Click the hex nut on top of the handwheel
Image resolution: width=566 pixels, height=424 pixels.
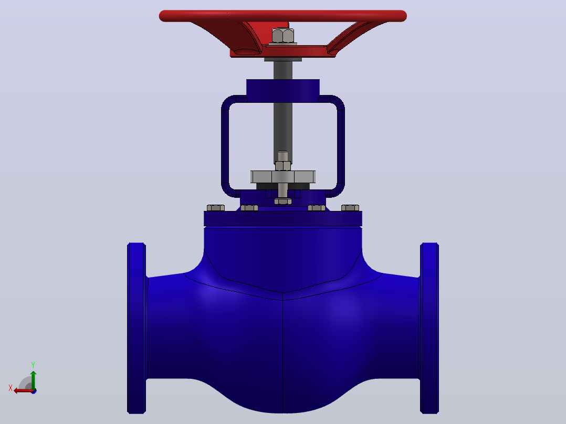pyautogui.click(x=282, y=36)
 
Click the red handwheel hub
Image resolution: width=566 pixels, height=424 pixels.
pyautogui.click(x=282, y=51)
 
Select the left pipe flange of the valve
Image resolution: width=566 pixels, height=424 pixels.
pyautogui.click(x=137, y=328)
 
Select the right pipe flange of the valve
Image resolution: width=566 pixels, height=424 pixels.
pyautogui.click(x=429, y=328)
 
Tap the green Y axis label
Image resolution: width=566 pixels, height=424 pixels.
pyautogui.click(x=33, y=365)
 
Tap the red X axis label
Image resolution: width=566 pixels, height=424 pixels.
pyautogui.click(x=11, y=388)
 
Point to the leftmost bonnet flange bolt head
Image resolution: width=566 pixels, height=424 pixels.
pyautogui.click(x=215, y=208)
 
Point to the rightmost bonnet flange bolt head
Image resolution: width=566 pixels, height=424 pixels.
pyautogui.click(x=350, y=208)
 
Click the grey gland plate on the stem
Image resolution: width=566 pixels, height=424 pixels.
pyautogui.click(x=283, y=177)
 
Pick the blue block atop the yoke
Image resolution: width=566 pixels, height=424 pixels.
pyautogui.click(x=283, y=91)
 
